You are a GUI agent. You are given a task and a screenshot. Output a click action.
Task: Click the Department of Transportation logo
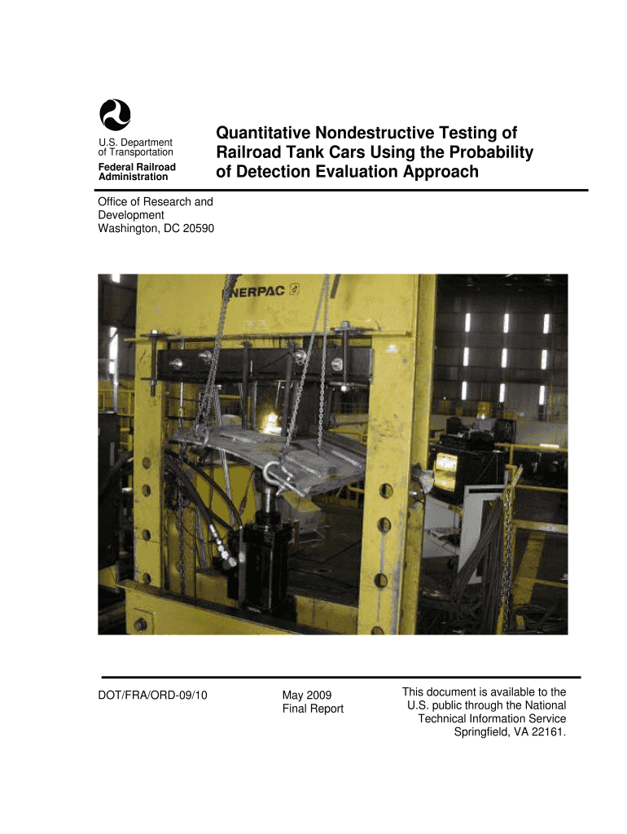(x=115, y=114)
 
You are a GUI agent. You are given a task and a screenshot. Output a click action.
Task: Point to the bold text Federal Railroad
(x=137, y=167)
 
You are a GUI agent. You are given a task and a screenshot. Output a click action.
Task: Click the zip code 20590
(x=195, y=228)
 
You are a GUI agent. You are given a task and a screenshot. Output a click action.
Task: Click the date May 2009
(x=306, y=695)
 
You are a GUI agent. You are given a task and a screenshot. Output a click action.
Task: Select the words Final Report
(x=313, y=709)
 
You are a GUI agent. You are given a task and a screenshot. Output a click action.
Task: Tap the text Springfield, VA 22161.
(x=509, y=731)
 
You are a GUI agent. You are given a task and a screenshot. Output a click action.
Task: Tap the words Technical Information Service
(x=492, y=718)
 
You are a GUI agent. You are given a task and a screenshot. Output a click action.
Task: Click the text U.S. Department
(x=135, y=143)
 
